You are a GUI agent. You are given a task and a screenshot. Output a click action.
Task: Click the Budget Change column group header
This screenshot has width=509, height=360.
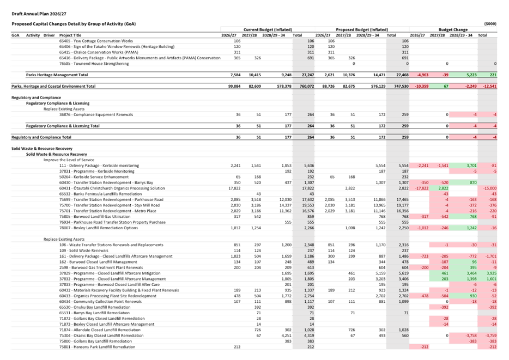click(453, 29)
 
